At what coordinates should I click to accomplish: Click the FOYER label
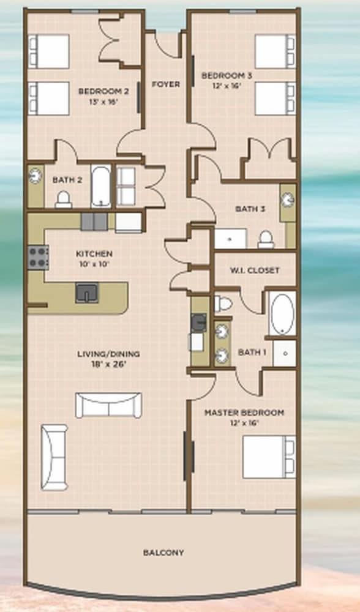(x=166, y=84)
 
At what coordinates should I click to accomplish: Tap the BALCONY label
(x=163, y=553)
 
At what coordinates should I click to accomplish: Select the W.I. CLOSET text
(x=254, y=270)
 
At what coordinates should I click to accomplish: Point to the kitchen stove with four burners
(x=38, y=257)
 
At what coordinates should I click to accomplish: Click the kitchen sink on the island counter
(x=87, y=293)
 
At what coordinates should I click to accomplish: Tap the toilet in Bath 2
(x=63, y=200)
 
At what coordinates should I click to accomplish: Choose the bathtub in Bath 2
(x=101, y=186)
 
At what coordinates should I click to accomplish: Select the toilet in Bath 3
(x=266, y=239)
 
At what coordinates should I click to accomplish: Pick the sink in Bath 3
(x=288, y=200)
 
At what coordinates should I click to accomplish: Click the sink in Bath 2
(x=36, y=175)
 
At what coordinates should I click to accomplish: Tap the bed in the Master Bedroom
(x=269, y=457)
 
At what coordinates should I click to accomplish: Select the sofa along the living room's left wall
(x=54, y=457)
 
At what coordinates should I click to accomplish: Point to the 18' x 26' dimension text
(x=108, y=365)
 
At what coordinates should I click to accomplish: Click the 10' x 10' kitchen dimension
(x=94, y=263)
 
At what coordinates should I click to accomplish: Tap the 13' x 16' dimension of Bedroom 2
(x=103, y=102)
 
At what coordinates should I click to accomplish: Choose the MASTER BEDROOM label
(x=244, y=412)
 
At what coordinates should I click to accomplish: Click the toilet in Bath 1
(x=223, y=304)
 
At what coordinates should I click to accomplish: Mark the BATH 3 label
(x=250, y=209)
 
